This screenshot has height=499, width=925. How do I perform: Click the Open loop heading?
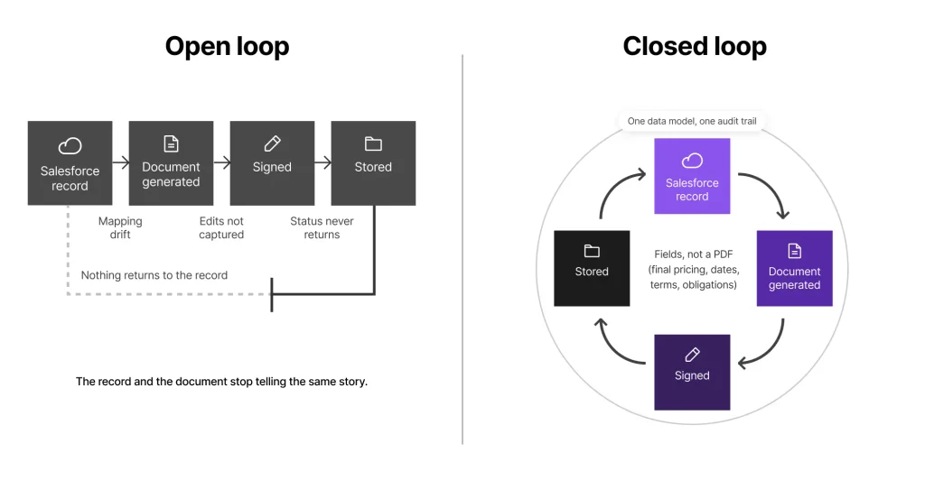(x=227, y=47)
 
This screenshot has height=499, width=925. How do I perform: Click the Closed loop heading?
(x=695, y=47)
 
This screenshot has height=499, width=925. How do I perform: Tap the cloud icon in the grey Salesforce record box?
(x=70, y=145)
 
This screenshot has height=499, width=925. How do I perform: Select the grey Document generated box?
(x=171, y=163)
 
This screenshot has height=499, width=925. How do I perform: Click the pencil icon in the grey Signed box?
(x=272, y=143)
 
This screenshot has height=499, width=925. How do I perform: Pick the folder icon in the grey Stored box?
(x=373, y=143)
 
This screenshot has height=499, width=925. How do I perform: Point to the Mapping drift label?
(x=120, y=227)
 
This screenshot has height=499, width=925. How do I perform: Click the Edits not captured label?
(x=221, y=227)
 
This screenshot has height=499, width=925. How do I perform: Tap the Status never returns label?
(x=322, y=227)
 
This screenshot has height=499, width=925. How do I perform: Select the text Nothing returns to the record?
(x=154, y=275)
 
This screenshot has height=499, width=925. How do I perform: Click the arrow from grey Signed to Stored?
(x=322, y=162)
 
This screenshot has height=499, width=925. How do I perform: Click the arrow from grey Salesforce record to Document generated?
(x=120, y=162)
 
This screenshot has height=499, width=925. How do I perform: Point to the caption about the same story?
(x=221, y=382)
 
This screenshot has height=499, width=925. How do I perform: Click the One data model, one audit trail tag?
(x=692, y=121)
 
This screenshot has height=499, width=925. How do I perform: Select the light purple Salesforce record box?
(x=692, y=176)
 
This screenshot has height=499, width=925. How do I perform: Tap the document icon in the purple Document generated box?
(x=795, y=251)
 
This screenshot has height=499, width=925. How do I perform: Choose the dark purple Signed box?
(x=692, y=373)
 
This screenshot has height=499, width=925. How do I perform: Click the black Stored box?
(x=592, y=268)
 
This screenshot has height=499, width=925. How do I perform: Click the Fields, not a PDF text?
(x=694, y=269)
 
